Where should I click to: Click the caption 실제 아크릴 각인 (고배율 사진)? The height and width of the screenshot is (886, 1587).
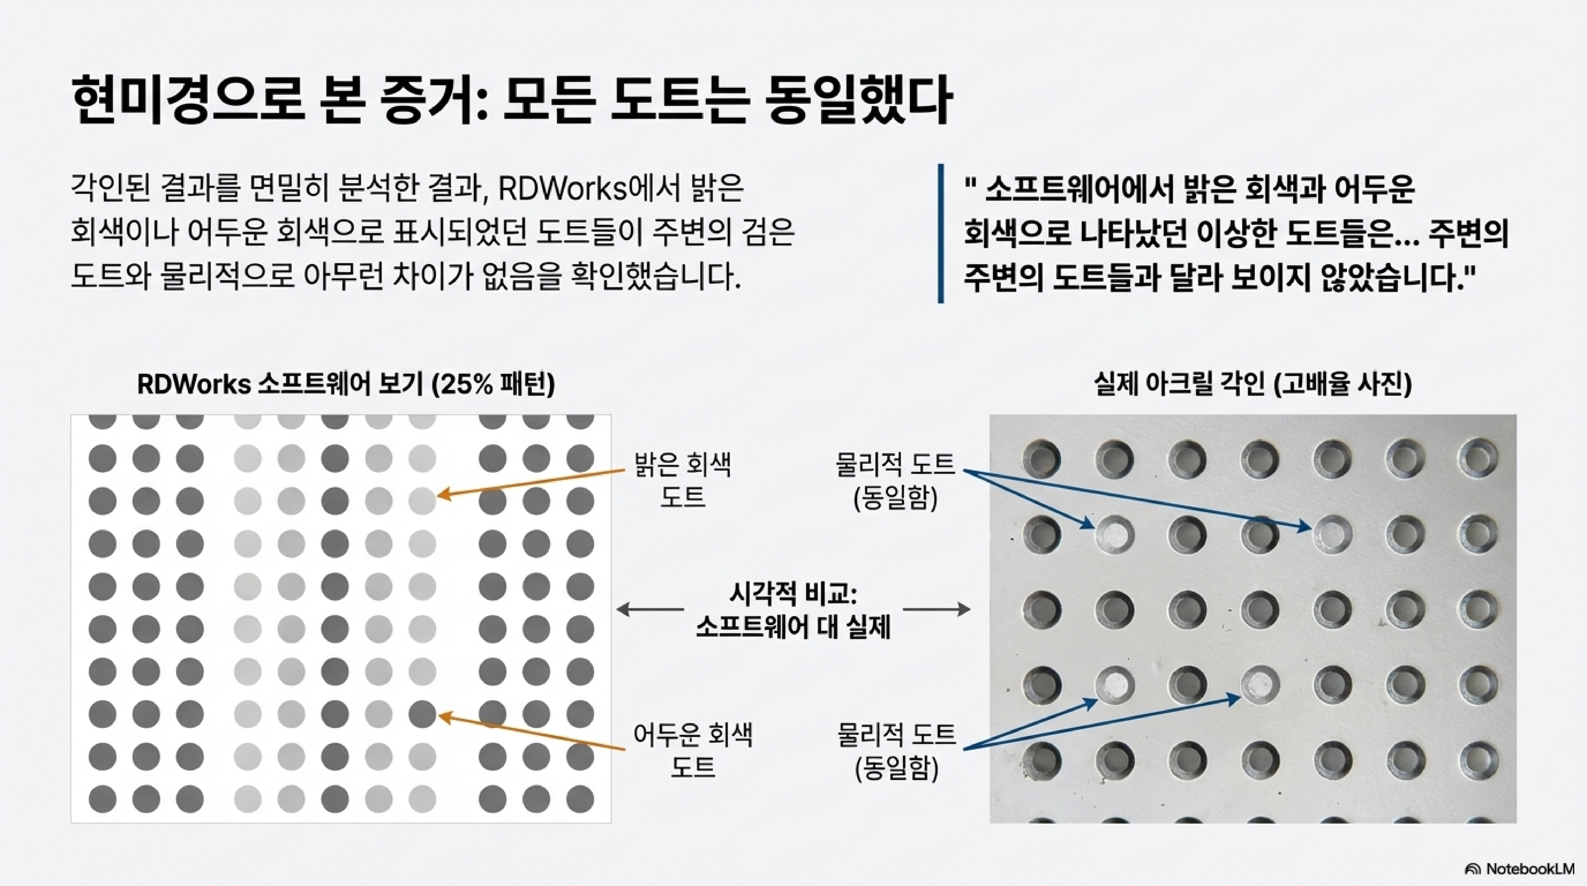(x=1253, y=384)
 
